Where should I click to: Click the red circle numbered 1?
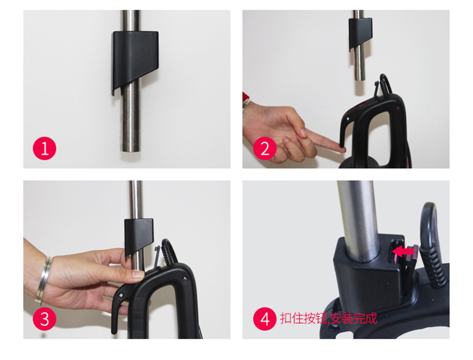(x=44, y=148)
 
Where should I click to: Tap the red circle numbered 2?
(x=265, y=148)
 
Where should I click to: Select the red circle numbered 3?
(x=44, y=318)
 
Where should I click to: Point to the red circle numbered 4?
(x=265, y=318)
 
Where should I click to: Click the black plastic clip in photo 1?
(x=135, y=57)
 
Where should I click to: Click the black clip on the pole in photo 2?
(x=360, y=32)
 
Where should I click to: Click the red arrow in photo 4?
(x=403, y=251)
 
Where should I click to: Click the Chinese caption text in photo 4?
(x=329, y=318)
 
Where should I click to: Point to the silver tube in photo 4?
(x=359, y=220)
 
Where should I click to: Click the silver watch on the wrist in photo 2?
(x=246, y=104)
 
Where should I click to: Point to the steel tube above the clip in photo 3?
(x=136, y=200)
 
